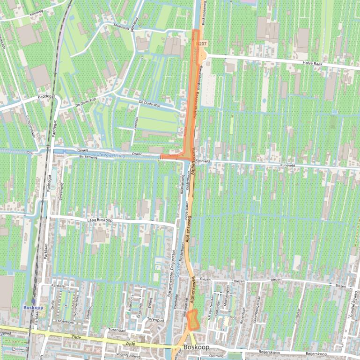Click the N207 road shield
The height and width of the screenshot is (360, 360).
click(203, 43)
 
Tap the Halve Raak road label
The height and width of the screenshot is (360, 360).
click(314, 63)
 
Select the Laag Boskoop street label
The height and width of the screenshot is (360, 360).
click(100, 220)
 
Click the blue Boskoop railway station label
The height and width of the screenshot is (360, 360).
click(33, 308)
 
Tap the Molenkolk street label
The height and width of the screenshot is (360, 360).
click(121, 27)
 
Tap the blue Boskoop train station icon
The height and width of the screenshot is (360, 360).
click(33, 302)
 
